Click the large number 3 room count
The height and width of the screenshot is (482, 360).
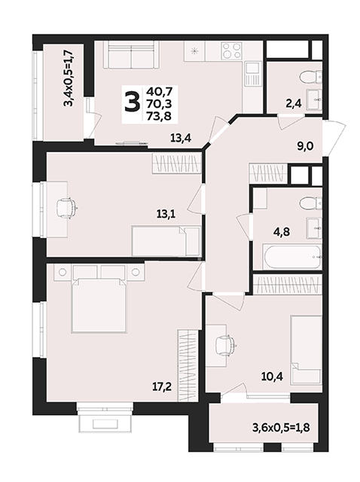point(133,103)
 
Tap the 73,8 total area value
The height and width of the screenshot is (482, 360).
point(159,116)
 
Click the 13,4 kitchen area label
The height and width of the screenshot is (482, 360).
point(181,139)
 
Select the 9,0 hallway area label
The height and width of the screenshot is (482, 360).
point(305,146)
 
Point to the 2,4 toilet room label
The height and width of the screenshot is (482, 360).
point(293,104)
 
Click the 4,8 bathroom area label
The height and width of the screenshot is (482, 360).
point(282,231)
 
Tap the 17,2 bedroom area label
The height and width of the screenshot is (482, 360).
point(162,386)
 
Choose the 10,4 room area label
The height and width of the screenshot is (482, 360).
point(271,376)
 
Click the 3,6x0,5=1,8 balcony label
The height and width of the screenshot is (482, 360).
point(281,427)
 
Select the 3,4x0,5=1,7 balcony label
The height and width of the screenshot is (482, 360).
point(69,78)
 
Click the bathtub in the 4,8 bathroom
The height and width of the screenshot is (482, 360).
point(292,256)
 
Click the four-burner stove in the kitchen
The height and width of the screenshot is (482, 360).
point(231,50)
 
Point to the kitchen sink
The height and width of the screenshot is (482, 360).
point(253,75)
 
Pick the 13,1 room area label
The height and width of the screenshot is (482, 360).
point(166,214)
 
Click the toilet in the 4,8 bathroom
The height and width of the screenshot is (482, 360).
point(311,203)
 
